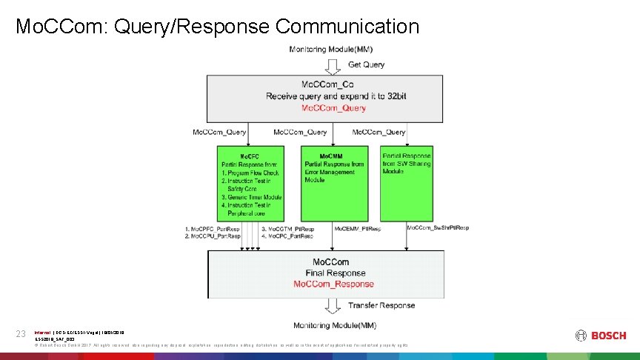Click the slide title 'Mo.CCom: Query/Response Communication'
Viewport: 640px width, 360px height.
[x=217, y=27]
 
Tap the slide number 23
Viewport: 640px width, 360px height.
[x=21, y=335]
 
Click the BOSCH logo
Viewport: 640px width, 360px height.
[x=599, y=336]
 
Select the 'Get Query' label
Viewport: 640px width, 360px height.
[x=366, y=64]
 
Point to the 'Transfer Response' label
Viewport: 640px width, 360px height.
[x=381, y=305]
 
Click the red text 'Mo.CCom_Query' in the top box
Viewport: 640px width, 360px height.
[x=333, y=108]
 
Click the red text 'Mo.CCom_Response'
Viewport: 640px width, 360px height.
[x=333, y=284]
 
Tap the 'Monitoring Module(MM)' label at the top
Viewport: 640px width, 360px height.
[x=331, y=50]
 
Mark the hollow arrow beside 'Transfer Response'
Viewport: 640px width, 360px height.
[x=333, y=305]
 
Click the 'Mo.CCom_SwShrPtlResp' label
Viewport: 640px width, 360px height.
[x=438, y=228]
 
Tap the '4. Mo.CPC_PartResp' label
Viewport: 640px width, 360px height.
[x=287, y=236]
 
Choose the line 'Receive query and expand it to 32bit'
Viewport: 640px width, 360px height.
[x=333, y=96]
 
